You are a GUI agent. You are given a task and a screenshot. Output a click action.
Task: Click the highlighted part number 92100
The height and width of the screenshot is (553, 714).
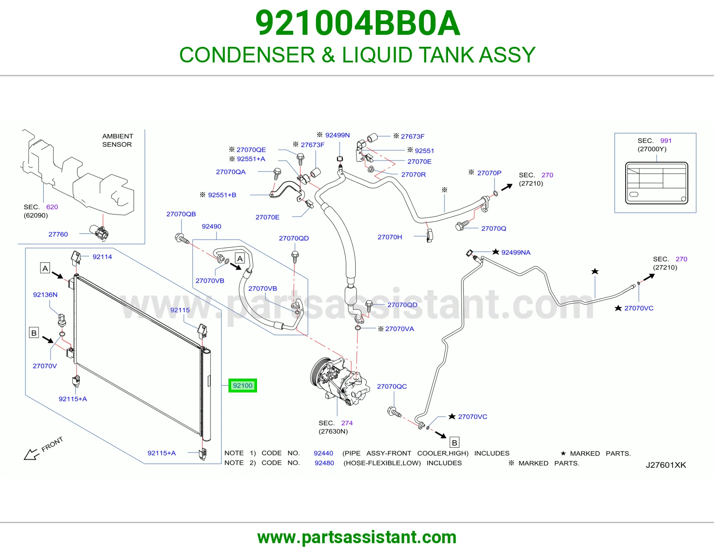[242, 385]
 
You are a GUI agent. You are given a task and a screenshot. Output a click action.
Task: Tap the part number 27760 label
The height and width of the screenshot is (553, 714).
[58, 234]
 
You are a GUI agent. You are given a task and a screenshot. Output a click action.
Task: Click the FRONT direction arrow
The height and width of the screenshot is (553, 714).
[32, 454]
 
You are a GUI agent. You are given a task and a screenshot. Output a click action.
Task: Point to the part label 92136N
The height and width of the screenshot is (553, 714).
[46, 294]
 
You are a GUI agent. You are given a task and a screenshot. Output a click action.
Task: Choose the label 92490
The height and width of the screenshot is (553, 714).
[211, 226]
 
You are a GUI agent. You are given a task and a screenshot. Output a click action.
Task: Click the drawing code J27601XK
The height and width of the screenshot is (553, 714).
[666, 465]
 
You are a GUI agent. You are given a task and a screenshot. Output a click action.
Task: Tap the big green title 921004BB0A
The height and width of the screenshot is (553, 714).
[357, 23]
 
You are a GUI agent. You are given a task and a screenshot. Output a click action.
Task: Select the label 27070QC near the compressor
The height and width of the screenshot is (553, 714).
[392, 387]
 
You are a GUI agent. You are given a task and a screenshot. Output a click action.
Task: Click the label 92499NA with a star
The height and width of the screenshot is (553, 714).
[516, 252]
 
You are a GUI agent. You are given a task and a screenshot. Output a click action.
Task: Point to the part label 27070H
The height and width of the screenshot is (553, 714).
[390, 237]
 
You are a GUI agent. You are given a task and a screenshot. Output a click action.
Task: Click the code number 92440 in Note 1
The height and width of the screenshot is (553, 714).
[324, 453]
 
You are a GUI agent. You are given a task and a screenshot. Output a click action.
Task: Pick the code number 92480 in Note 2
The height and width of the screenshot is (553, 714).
[324, 463]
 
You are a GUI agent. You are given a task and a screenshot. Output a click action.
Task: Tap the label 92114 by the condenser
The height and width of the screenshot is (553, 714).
[102, 257]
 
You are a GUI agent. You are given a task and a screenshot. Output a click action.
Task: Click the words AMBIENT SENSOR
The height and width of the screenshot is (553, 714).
[118, 140]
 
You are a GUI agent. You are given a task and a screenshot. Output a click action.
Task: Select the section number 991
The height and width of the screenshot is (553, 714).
[666, 140]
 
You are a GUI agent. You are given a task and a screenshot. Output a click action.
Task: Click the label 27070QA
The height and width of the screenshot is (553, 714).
[231, 172]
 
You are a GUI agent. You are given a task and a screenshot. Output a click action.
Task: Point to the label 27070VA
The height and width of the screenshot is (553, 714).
[399, 329]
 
